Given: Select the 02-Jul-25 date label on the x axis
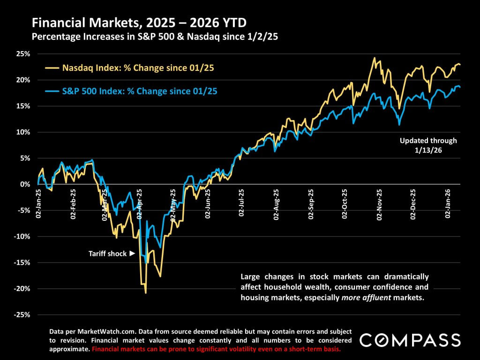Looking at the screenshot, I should pos(242,203).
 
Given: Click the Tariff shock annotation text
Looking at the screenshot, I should pos(107,254).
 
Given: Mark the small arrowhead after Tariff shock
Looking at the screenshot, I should pos(132,254).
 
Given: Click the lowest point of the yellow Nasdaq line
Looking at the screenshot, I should pos(146,293).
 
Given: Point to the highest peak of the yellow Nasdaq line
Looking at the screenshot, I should pos(374,58).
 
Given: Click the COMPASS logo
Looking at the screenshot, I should pos(410,339).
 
